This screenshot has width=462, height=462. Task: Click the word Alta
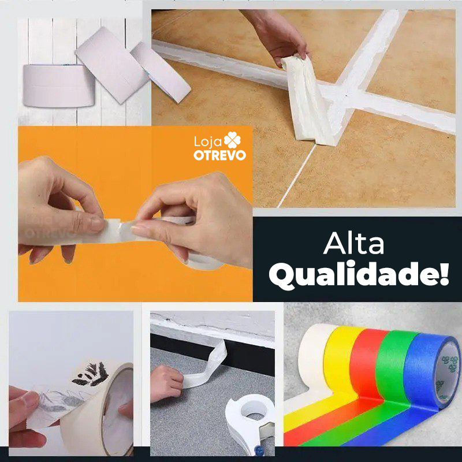pos(353,244)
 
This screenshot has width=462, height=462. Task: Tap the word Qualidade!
pos(358,277)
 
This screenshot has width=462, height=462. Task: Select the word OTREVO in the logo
pos(219,155)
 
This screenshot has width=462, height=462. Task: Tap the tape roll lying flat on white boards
pos(58,85)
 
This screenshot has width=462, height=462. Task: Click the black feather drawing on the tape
pos(92,372)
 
